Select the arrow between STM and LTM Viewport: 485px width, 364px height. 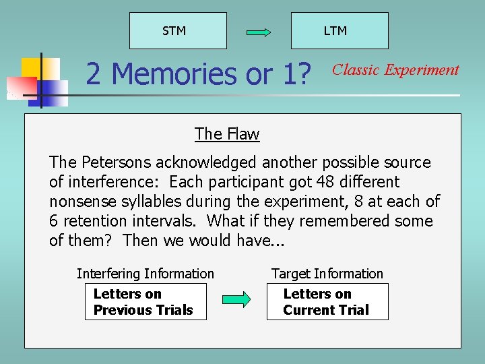pyautogui.click(x=259, y=32)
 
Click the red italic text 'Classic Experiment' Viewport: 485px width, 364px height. pyautogui.click(x=395, y=69)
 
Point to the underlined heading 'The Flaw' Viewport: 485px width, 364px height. pyautogui.click(x=227, y=133)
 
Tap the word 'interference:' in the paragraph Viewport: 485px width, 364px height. pyautogui.click(x=122, y=182)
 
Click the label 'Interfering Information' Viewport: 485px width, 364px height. pyautogui.click(x=145, y=274)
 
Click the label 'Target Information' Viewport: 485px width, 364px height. pyautogui.click(x=327, y=274)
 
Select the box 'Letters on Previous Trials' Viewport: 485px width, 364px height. pyautogui.click(x=145, y=302)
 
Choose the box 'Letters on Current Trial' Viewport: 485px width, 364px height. pyautogui.click(x=327, y=302)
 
